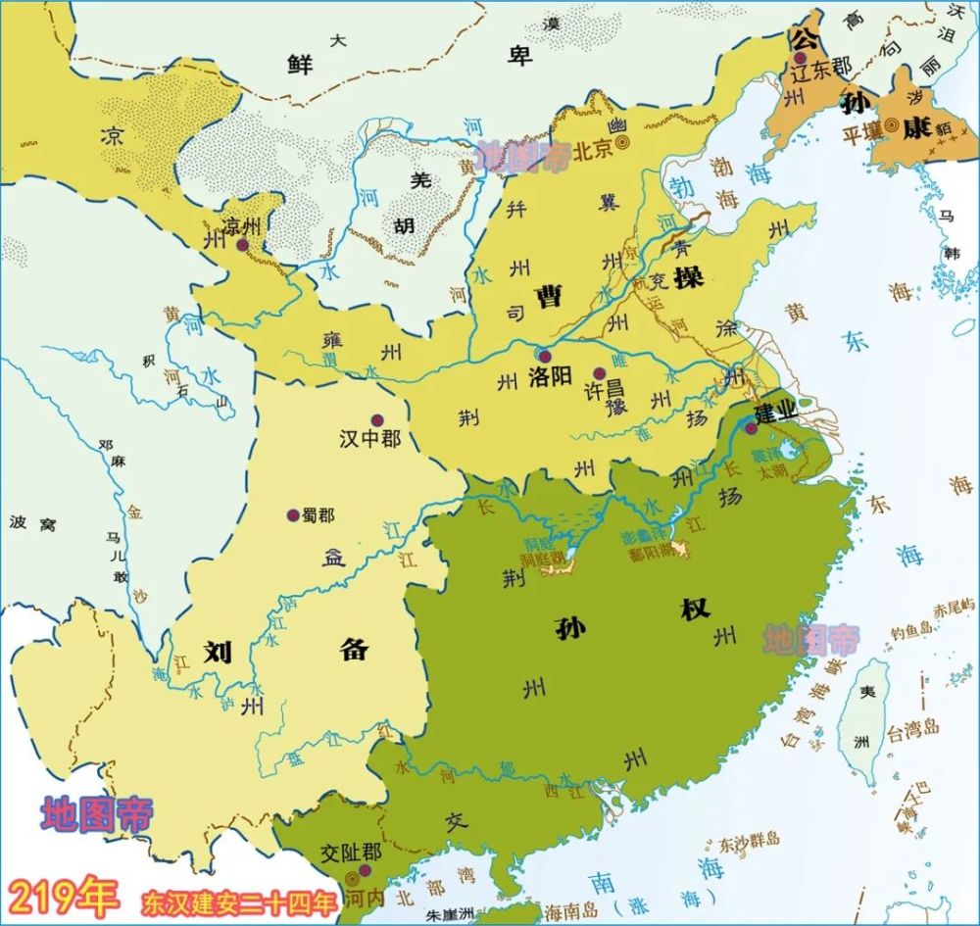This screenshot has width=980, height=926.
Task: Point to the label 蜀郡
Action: [x=319, y=516]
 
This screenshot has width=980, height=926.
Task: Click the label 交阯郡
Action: [x=349, y=853]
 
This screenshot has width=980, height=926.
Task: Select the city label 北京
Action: [x=592, y=151]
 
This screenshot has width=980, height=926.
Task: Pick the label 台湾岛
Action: [x=913, y=727]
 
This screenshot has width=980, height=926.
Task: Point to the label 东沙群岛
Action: [x=749, y=840]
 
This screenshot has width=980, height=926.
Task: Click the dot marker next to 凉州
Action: [x=241, y=243]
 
